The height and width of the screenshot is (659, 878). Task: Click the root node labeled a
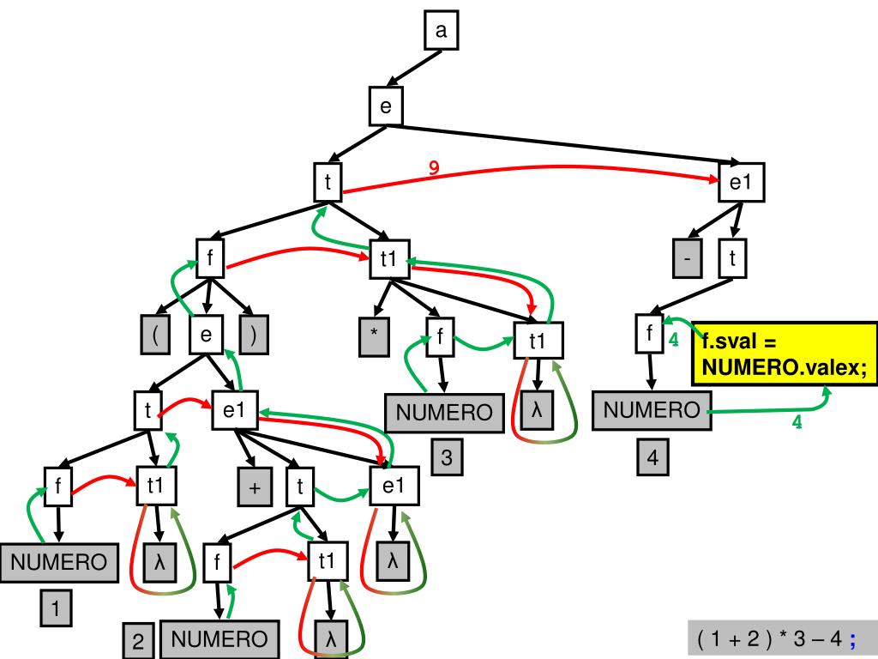(x=442, y=32)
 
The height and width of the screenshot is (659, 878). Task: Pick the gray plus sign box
(x=255, y=488)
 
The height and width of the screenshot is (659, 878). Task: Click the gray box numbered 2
(x=138, y=641)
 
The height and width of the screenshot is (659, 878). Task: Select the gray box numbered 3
(x=447, y=457)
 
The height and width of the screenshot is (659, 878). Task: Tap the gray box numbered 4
(x=652, y=457)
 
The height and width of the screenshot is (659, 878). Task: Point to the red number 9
(x=435, y=169)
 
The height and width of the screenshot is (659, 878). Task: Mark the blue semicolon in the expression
(x=853, y=639)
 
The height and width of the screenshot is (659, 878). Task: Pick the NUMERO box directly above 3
(x=443, y=414)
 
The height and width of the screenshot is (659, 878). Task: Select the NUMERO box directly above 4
(x=652, y=410)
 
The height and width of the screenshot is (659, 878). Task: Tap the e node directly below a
(x=386, y=106)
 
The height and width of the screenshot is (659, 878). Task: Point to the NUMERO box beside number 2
(x=219, y=638)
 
